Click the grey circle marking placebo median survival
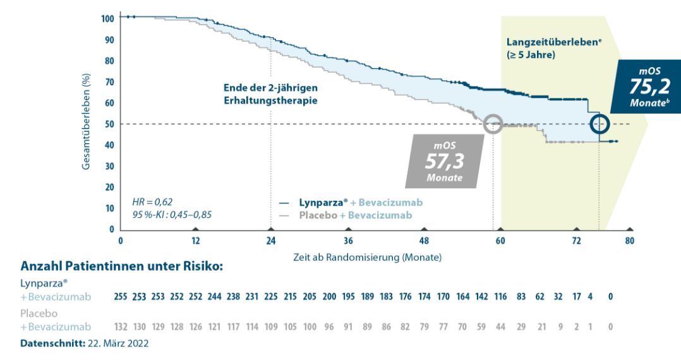[495, 124]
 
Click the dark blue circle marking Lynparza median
[600, 124]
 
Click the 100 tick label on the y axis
[107, 18]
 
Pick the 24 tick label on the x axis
[271, 241]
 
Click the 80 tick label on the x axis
[629, 241]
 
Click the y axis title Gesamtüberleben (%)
[85, 123]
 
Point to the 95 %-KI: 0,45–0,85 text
[172, 215]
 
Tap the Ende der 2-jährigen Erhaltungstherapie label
[270, 94]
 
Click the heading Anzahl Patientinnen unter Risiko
[121, 267]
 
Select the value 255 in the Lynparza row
[121, 296]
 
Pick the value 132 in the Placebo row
[121, 327]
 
